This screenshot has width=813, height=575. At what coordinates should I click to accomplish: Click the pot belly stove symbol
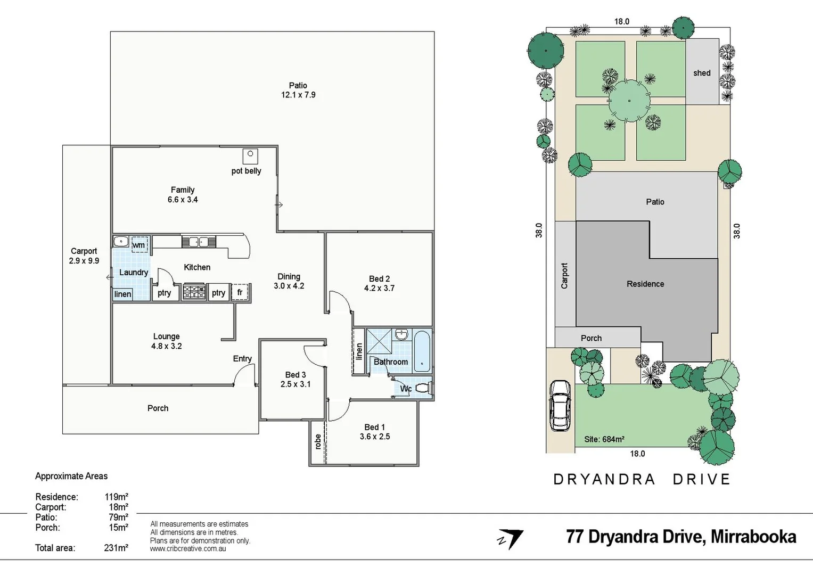tap(250, 156)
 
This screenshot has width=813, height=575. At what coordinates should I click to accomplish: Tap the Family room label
tap(183, 190)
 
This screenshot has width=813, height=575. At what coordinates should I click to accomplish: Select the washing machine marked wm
tap(139, 244)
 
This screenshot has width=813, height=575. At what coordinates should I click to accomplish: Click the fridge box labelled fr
tap(240, 292)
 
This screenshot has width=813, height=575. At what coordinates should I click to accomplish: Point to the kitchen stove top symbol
tap(194, 292)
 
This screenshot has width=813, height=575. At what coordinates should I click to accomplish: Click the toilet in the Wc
tap(423, 388)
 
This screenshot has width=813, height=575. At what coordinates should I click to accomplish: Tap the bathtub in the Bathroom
tap(422, 351)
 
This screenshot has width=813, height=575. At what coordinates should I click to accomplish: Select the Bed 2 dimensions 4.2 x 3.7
tap(379, 289)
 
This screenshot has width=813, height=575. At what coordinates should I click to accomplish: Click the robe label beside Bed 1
tap(318, 441)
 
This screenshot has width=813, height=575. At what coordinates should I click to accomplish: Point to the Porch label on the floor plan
tap(158, 408)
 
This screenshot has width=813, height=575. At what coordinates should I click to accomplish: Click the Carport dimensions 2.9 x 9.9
tap(84, 261)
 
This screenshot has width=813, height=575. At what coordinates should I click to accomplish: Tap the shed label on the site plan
tap(702, 73)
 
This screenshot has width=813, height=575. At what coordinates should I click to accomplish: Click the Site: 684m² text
tap(604, 439)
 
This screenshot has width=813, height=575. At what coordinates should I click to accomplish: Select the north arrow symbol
tap(511, 539)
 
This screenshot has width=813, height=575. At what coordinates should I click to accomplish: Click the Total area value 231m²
tap(116, 548)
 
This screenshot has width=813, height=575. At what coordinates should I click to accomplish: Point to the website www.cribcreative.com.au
tap(188, 549)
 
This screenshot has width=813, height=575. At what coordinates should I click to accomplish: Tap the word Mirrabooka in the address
tap(753, 537)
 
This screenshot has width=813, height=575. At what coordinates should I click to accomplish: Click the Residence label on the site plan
tap(645, 284)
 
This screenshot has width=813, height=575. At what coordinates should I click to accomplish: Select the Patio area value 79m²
tap(118, 517)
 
